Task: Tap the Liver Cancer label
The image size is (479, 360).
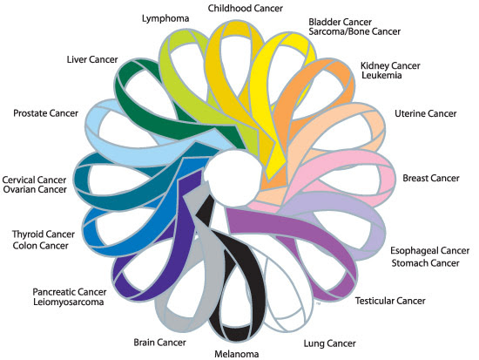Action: click(91, 60)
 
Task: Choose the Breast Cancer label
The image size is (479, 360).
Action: click(432, 179)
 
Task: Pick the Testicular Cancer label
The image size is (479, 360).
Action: click(390, 302)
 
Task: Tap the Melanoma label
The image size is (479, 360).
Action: click(238, 353)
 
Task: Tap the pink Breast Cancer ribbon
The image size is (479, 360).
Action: click(348, 166)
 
